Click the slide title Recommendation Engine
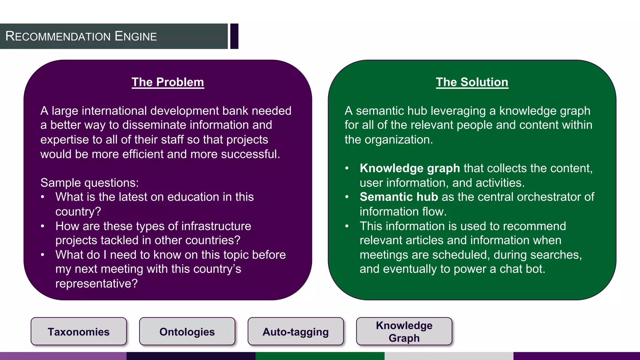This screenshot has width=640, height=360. (81, 36)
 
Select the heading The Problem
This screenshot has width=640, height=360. (168, 82)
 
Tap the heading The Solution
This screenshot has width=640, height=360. (472, 82)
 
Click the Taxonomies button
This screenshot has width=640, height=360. (79, 332)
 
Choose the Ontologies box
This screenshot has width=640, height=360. (187, 332)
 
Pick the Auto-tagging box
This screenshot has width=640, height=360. (296, 332)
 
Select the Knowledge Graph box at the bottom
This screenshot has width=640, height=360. (404, 332)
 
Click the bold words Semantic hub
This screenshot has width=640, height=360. (399, 197)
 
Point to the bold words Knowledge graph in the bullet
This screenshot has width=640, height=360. (410, 168)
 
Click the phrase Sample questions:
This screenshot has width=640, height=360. (90, 182)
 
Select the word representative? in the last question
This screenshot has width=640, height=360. (97, 283)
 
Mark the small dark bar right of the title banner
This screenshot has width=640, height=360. (234, 36)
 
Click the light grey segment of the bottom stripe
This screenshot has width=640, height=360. (449, 356)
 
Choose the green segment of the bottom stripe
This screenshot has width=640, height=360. (320, 356)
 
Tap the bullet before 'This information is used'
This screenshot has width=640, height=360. (347, 226)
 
